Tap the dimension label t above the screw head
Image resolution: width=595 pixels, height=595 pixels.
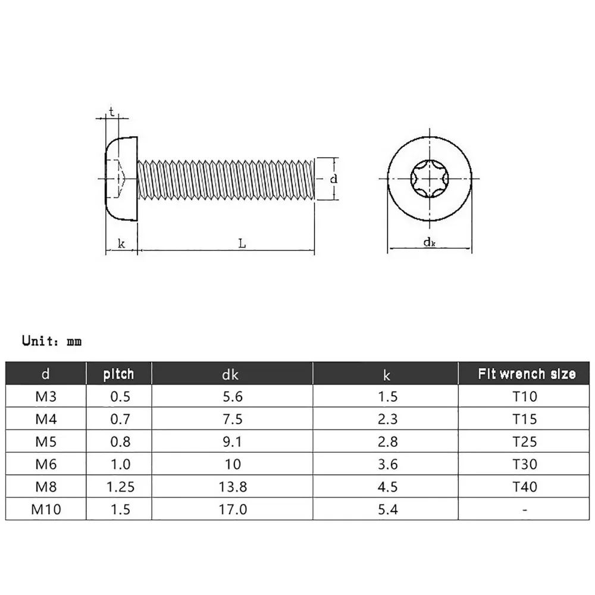111,111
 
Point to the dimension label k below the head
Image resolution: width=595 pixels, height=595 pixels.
121,243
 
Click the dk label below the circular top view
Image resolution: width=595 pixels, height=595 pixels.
429,242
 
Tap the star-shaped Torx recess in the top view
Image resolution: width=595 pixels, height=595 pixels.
429,178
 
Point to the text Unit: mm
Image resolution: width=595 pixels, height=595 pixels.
52,342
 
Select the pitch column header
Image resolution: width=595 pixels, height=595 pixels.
119,374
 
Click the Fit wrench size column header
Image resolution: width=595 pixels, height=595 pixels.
527,374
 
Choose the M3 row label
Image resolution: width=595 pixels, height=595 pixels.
46,396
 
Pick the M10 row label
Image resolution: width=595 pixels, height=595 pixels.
46,509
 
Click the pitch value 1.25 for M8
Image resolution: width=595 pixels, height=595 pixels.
120,487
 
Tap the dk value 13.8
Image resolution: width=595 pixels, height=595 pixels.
232,487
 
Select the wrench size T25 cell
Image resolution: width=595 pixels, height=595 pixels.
525,441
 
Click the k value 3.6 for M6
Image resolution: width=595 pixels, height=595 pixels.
387,464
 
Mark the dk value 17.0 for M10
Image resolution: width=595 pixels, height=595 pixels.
232,509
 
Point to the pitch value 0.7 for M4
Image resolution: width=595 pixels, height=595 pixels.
120,419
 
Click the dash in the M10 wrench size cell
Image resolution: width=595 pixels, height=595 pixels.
525,509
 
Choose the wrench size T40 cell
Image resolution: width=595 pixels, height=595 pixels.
525,487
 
